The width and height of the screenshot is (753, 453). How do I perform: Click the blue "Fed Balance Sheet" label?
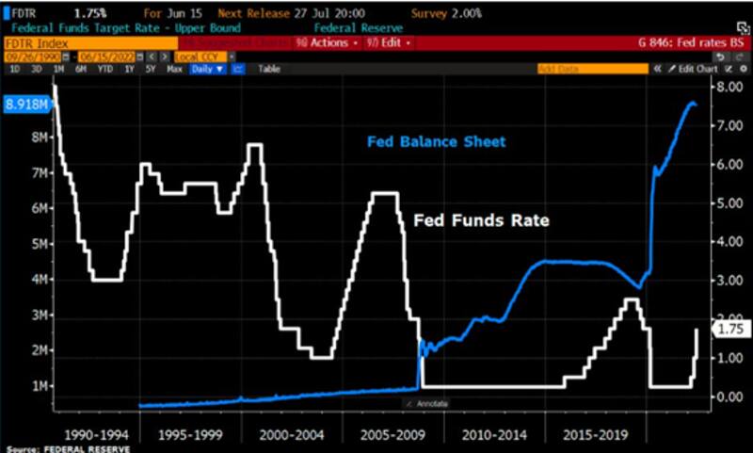(436, 142)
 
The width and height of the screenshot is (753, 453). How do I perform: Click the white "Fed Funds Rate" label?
(481, 220)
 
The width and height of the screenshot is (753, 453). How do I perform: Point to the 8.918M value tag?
(26, 104)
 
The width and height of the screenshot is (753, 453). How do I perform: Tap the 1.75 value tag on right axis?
(731, 330)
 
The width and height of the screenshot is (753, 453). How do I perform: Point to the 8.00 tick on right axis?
(729, 87)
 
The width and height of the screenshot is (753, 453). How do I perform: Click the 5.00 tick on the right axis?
(729, 202)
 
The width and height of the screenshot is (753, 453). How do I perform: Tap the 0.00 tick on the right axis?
(729, 396)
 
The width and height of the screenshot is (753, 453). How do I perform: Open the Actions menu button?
(324, 42)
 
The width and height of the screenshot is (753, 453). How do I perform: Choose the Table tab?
(269, 69)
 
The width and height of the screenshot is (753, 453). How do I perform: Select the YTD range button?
(104, 69)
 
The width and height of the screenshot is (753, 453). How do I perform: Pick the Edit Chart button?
(698, 69)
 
